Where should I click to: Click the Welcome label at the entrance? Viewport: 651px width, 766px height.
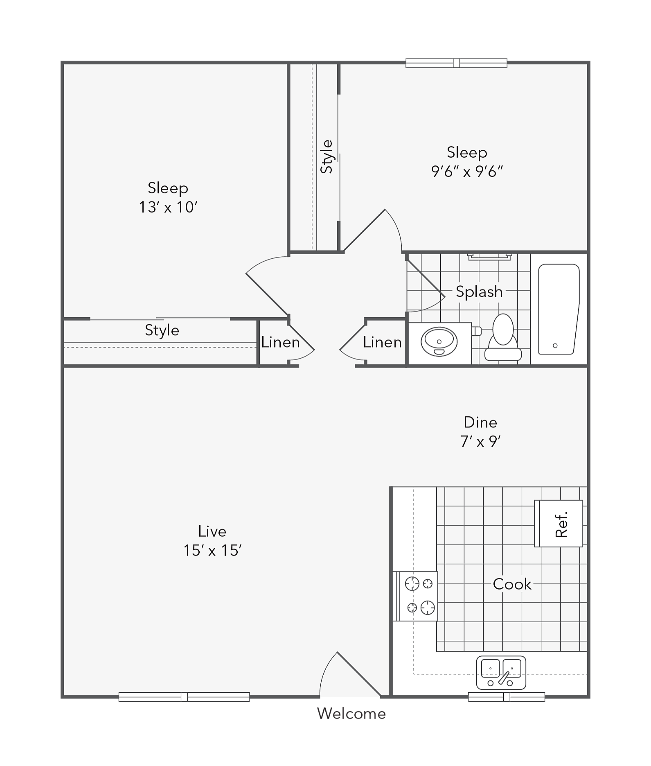[x=351, y=714]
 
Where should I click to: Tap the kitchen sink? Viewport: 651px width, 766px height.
[x=501, y=673]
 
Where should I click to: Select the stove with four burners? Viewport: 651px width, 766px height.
[x=415, y=596]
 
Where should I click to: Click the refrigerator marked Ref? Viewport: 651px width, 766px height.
[x=559, y=523]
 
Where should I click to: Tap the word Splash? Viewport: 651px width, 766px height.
[x=479, y=291]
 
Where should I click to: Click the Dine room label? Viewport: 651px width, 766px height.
[x=480, y=422]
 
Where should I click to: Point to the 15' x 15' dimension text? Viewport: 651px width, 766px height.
[x=212, y=550]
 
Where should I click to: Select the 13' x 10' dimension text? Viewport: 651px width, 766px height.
[x=168, y=207]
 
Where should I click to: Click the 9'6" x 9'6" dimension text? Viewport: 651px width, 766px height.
[x=467, y=171]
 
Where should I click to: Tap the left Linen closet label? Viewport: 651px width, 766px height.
[x=281, y=342]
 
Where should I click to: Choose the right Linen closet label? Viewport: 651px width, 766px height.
[x=383, y=342]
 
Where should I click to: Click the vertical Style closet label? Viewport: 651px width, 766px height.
[x=327, y=157]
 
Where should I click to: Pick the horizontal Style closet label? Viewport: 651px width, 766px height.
[x=162, y=330]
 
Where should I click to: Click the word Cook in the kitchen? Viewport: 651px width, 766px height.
[x=512, y=584]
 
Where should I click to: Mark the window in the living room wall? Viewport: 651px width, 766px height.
[x=184, y=696]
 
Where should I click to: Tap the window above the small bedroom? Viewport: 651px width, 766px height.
[x=456, y=63]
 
